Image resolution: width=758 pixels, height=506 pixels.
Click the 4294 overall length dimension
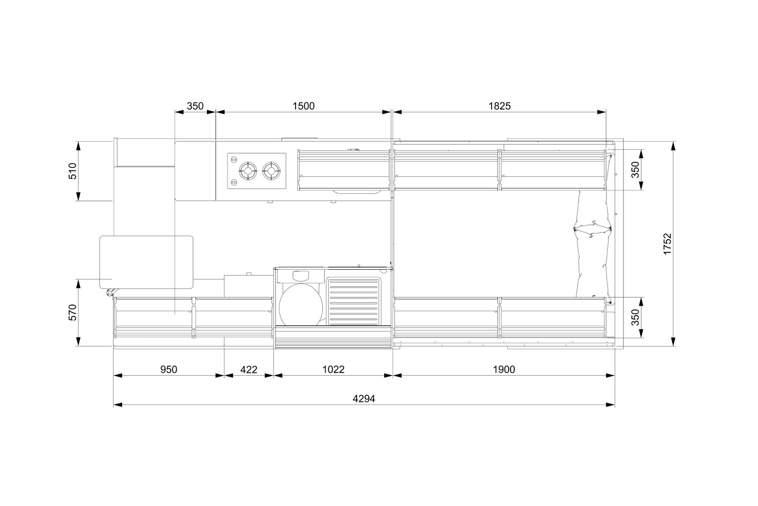click(x=364, y=399)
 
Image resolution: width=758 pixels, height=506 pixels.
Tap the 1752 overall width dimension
click(x=667, y=244)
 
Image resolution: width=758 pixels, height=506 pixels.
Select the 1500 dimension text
click(x=304, y=106)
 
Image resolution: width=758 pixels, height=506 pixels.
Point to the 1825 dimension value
click(x=500, y=106)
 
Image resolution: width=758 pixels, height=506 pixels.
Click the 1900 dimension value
click(x=504, y=369)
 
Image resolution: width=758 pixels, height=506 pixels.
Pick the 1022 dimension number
click(x=334, y=369)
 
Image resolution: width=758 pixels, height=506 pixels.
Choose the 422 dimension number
click(x=249, y=369)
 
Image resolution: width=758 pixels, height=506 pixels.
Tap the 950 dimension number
click(x=169, y=369)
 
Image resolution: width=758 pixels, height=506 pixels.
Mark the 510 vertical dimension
click(x=72, y=171)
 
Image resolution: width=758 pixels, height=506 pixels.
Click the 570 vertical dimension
click(x=72, y=312)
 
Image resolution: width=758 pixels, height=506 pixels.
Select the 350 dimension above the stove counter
click(x=195, y=106)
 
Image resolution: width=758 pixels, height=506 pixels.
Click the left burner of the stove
click(x=248, y=171)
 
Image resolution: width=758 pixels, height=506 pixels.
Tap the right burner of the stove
click(x=271, y=171)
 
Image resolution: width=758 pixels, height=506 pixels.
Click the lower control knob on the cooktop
click(x=234, y=183)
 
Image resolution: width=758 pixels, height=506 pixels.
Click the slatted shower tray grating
click(x=354, y=302)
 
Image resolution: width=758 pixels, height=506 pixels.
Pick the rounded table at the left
click(x=146, y=262)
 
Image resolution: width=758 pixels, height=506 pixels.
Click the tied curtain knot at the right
click(x=593, y=229)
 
